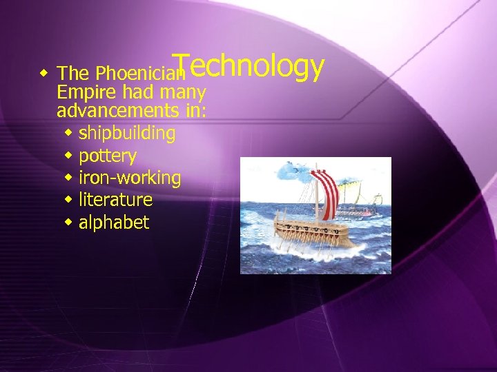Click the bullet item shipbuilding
click(127, 133)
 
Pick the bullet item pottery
click(108, 156)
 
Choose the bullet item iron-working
click(130, 178)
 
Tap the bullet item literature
click(115, 200)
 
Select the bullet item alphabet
click(113, 223)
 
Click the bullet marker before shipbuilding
click(68, 132)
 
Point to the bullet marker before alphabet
click(68, 222)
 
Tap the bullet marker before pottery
click(68, 154)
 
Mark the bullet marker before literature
click(68, 199)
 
